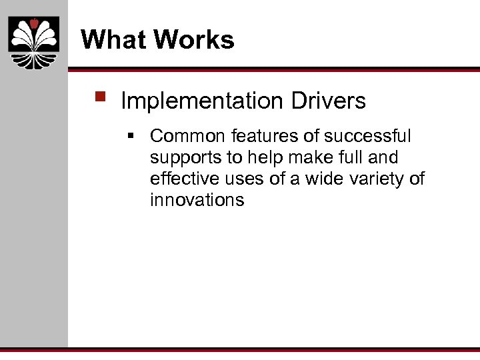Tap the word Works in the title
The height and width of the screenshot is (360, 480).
point(195,40)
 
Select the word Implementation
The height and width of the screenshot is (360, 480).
point(203,101)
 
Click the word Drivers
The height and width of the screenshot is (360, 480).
point(328,101)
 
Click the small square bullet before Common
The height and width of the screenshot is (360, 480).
point(132,137)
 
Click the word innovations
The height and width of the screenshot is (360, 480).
point(197,200)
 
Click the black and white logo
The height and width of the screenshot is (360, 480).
point(33,43)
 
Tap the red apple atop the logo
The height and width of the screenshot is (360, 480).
point(33,24)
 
